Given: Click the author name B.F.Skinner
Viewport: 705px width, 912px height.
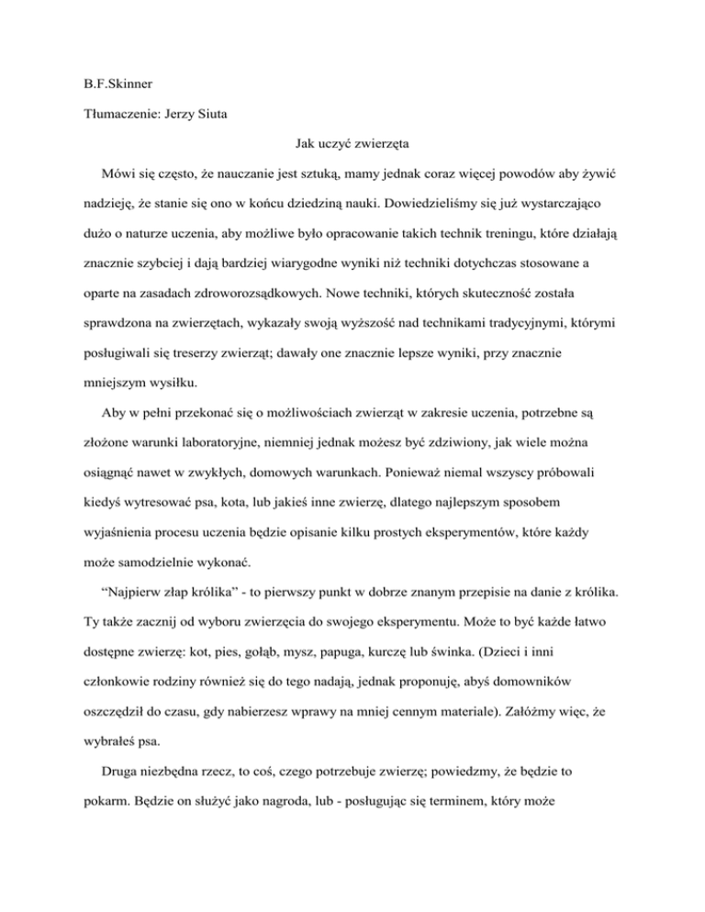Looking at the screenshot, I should click(x=111, y=68).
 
